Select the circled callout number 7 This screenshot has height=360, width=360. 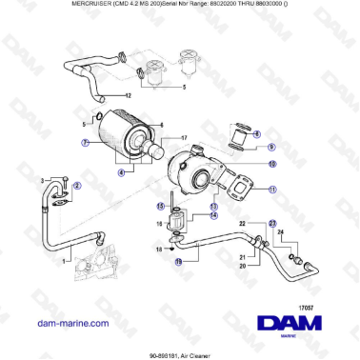click(83, 143)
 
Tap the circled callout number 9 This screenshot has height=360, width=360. click(270, 148)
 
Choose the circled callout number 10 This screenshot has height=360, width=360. click(271, 164)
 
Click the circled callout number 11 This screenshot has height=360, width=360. click(271, 190)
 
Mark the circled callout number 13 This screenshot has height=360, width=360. click(214, 206)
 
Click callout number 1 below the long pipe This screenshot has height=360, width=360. click(65, 259)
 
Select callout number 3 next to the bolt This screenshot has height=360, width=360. click(41, 179)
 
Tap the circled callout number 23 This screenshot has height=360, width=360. click(271, 224)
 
